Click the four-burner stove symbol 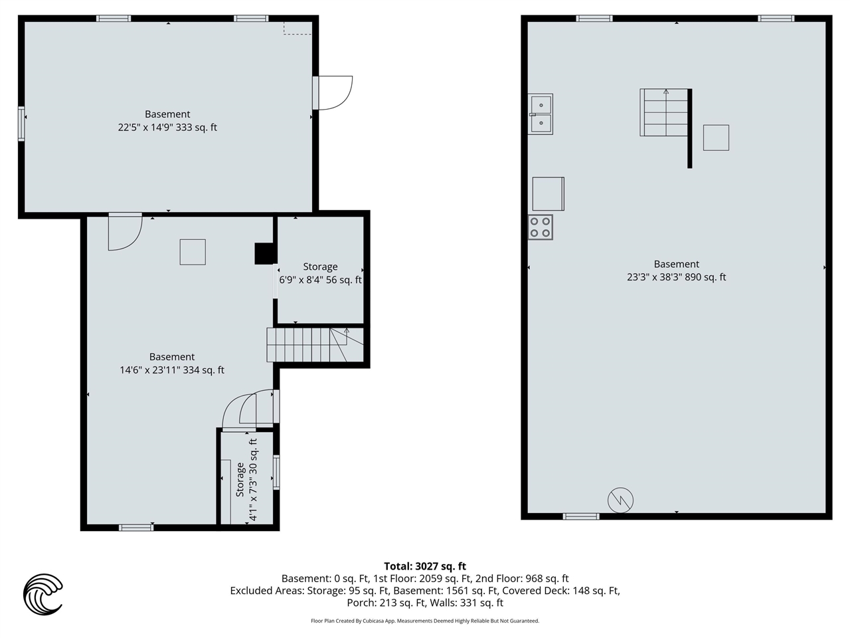(x=540, y=227)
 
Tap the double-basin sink (x=541, y=114)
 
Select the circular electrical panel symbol (x=620, y=500)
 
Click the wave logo (x=43, y=594)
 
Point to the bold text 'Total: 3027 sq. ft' (x=425, y=566)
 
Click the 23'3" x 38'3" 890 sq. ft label (x=677, y=277)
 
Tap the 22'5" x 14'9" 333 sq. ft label (x=167, y=127)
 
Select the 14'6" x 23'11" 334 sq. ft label (x=172, y=370)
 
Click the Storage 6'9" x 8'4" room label (x=320, y=273)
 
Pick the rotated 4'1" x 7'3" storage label (x=246, y=480)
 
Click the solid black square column (x=264, y=254)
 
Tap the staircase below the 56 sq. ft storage (x=315, y=345)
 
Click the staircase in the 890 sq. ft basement (x=664, y=112)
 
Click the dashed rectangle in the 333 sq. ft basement (x=297, y=29)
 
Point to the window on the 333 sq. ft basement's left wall (x=22, y=124)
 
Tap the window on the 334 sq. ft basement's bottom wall (x=136, y=528)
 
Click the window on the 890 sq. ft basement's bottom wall (x=581, y=516)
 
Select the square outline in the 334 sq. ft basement (x=193, y=252)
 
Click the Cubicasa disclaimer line (x=425, y=621)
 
